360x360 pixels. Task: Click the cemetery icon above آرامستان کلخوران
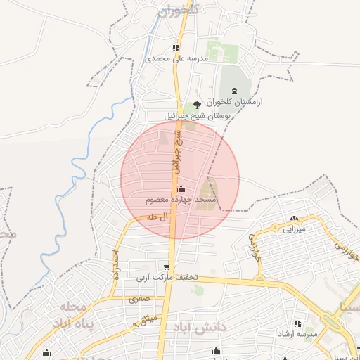click(234, 91)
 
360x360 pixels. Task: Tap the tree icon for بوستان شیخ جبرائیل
click(196, 104)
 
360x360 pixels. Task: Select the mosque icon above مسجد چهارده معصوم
click(181, 188)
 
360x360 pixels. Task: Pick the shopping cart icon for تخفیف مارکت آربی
click(166, 267)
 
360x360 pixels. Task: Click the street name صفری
click(139, 299)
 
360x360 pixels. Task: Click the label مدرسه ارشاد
click(298, 333)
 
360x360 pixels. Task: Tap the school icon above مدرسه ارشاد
click(298, 323)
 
